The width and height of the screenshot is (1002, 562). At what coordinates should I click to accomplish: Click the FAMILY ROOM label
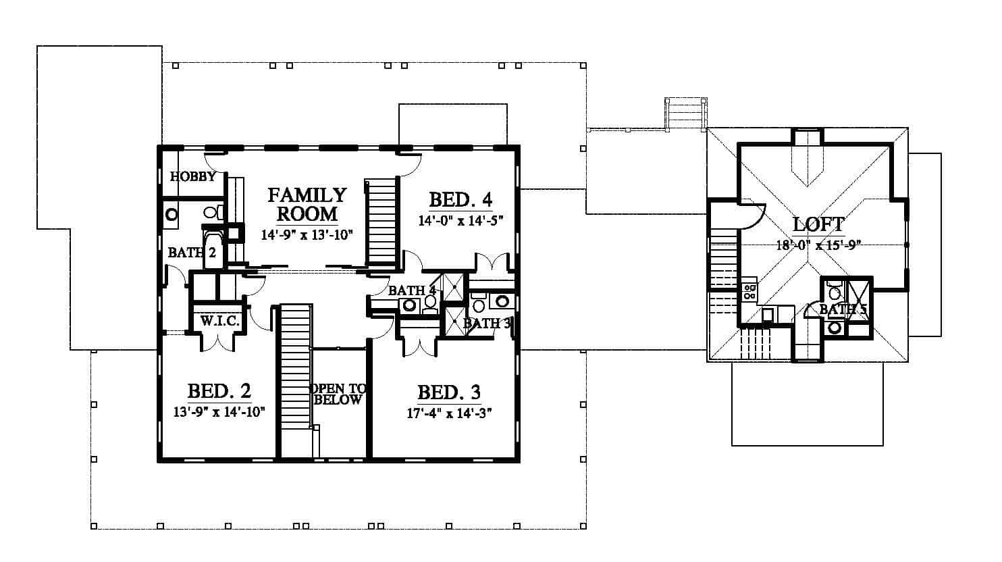(307, 205)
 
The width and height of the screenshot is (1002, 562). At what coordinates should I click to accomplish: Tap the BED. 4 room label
(460, 199)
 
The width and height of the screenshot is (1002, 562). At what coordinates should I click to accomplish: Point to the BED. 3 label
(449, 392)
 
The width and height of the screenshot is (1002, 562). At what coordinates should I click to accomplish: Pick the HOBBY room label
(193, 177)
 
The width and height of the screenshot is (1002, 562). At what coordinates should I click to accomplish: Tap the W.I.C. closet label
(220, 321)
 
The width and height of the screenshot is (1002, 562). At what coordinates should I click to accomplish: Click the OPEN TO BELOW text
(338, 394)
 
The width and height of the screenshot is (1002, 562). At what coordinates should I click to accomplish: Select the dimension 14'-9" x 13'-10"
(307, 234)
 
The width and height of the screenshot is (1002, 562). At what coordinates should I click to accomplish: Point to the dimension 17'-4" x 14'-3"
(449, 413)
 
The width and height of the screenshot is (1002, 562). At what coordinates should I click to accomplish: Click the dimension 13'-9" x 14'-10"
(219, 411)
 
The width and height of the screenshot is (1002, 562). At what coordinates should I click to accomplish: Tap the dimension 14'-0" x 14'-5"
(461, 221)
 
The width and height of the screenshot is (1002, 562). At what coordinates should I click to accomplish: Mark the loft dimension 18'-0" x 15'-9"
(819, 245)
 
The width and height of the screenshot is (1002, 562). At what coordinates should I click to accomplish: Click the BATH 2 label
(192, 253)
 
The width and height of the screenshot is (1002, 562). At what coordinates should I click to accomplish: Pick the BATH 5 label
(843, 309)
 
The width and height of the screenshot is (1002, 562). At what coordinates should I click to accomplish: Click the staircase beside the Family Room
(381, 223)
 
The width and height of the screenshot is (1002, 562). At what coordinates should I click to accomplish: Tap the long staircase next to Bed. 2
(295, 380)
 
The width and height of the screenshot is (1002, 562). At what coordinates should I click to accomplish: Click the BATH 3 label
(487, 323)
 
